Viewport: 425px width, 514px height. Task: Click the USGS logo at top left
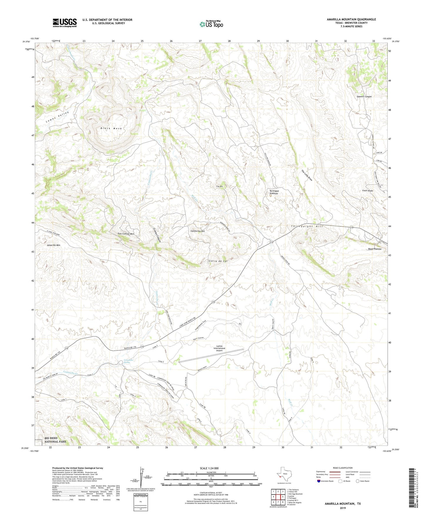coord(65,23)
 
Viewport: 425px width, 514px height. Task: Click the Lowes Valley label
coord(57,117)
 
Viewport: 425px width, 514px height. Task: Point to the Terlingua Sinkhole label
coord(274,192)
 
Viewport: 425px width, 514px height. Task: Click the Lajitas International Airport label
coord(219,348)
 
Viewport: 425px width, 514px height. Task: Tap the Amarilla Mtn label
coord(54,245)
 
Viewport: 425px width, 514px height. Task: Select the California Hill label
coord(198,231)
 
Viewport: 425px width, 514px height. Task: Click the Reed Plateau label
coord(374,249)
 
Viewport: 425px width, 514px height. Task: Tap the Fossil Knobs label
coord(368,191)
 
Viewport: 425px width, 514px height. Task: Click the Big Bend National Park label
coord(55,440)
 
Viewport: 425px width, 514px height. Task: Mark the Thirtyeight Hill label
coord(307,226)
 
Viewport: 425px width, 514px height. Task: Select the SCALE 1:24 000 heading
coord(209,468)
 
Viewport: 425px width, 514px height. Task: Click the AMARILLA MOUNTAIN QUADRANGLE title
coord(351,19)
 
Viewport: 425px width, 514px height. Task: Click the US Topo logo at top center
coord(211,24)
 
